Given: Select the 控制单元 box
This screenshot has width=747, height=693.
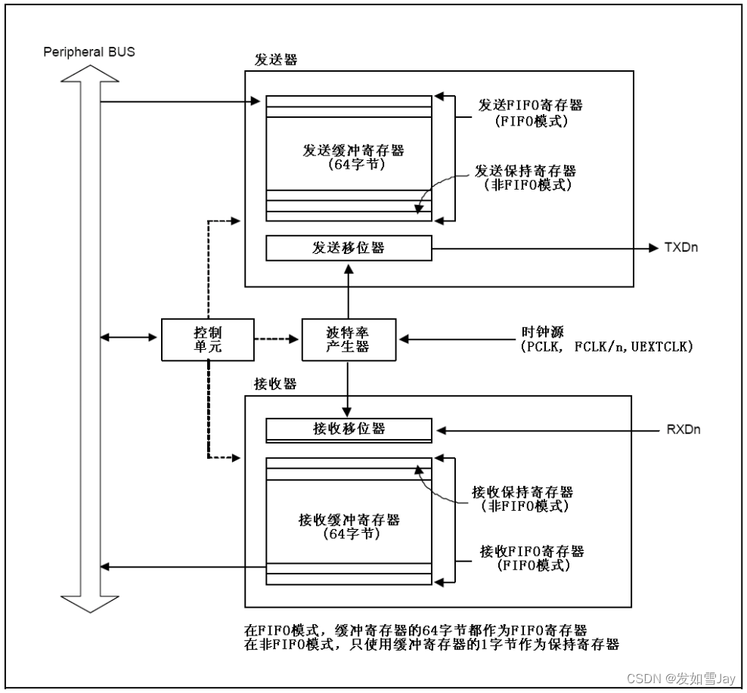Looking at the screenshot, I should point(207,339).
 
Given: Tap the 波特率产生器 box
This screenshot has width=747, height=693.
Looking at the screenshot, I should point(348,339).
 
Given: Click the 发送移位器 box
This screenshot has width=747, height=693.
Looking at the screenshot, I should point(348,247).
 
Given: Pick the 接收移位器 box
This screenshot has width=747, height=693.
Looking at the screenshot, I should point(348,429).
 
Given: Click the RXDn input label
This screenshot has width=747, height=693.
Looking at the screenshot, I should point(683,430).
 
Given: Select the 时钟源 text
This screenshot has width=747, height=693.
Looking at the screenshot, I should point(539,332).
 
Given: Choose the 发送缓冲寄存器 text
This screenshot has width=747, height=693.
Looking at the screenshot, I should point(348,150).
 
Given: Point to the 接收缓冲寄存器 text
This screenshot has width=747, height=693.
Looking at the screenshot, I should point(348,519).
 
